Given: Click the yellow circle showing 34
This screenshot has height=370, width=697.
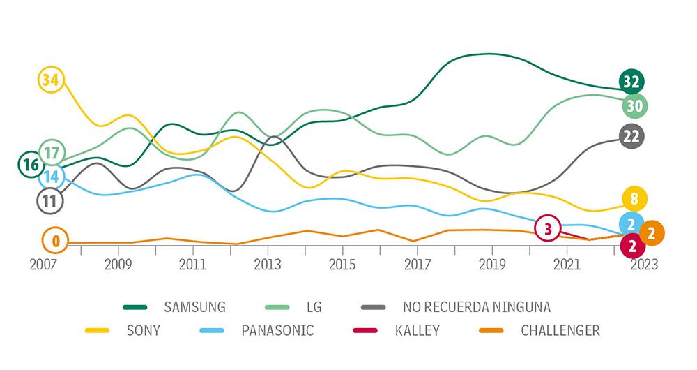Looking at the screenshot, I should (50, 80).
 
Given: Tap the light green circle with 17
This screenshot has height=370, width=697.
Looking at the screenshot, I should (52, 151).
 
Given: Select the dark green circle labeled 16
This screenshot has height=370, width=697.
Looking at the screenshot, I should (31, 165).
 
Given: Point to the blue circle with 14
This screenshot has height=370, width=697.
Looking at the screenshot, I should (52, 177).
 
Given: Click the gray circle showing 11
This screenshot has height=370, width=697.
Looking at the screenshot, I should (50, 201).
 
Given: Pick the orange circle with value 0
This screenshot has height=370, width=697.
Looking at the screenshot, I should (55, 242).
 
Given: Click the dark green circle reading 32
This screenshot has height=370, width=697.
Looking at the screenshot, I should (631, 82).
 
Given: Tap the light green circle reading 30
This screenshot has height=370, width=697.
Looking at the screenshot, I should (634, 106).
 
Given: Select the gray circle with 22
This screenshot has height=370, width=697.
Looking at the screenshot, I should (631, 137).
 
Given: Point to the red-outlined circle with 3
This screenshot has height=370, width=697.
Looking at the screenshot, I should (548, 228).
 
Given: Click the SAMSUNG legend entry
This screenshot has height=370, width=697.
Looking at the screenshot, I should (194, 306).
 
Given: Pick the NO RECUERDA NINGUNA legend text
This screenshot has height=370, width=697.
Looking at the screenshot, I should (476, 306).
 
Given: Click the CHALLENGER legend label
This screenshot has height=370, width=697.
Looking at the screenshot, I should (560, 330).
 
